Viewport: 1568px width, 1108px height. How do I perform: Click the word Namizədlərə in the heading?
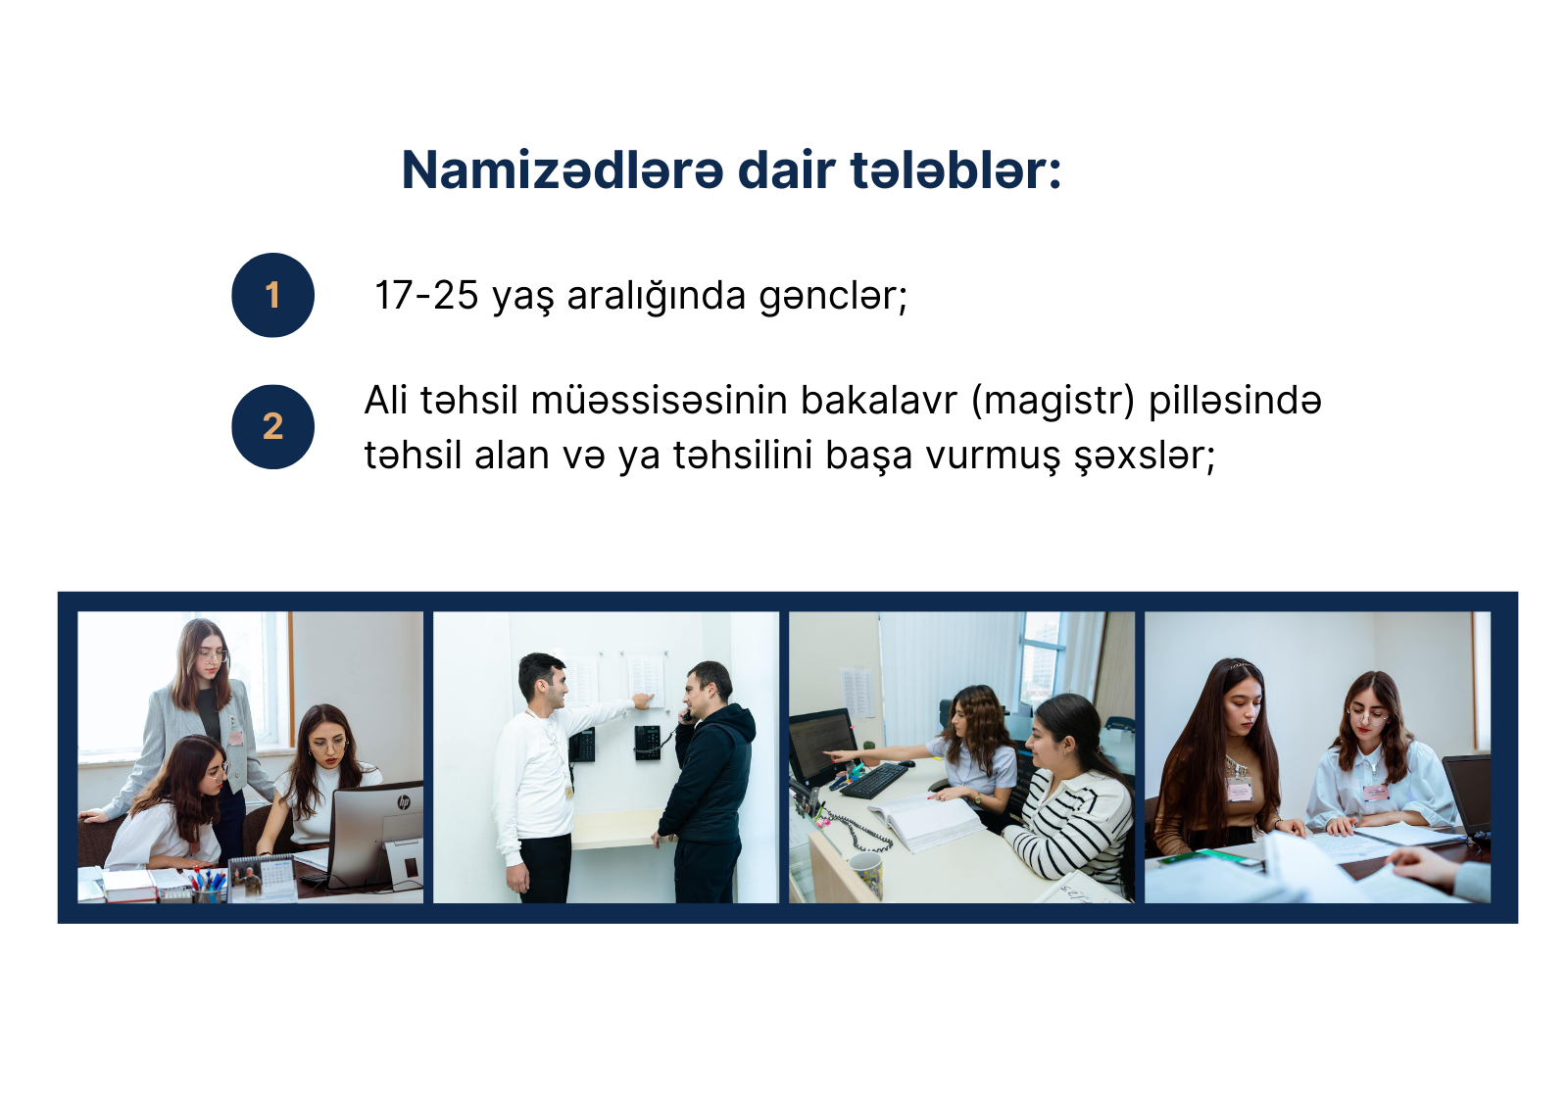tap(563, 170)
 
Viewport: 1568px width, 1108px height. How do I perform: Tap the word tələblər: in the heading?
tap(955, 170)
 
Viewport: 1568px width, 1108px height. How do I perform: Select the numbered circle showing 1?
tap(273, 295)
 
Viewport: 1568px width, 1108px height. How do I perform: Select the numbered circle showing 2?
tap(273, 426)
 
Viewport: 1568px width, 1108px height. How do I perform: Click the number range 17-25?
tap(426, 295)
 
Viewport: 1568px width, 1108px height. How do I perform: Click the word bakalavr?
tap(878, 401)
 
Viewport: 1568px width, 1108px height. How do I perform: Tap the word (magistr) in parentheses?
tap(1053, 402)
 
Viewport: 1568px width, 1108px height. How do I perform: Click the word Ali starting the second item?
tap(386, 401)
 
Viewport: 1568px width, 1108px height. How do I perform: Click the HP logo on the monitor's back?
tap(404, 801)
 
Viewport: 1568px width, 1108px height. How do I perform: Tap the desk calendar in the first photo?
tap(264, 879)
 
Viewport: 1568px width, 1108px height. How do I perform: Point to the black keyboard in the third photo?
tap(874, 781)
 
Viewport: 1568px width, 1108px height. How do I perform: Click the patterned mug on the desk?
tap(866, 874)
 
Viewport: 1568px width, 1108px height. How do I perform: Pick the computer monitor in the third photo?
tap(822, 747)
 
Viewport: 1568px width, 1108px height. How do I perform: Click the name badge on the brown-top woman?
tap(1240, 789)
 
